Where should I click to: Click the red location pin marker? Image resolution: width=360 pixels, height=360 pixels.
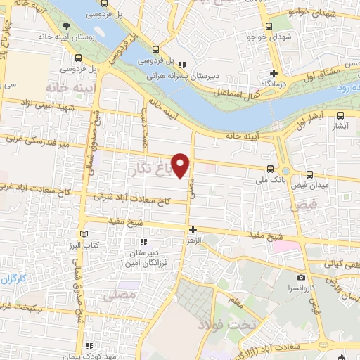[181, 165]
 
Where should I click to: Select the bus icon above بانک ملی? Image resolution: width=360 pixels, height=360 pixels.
[271, 168]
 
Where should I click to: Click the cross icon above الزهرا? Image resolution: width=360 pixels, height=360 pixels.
[193, 229]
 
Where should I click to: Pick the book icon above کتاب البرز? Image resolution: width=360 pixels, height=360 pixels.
[85, 233]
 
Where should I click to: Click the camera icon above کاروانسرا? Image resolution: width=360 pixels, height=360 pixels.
[302, 277]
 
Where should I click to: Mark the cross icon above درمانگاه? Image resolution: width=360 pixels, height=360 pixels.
[274, 73]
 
